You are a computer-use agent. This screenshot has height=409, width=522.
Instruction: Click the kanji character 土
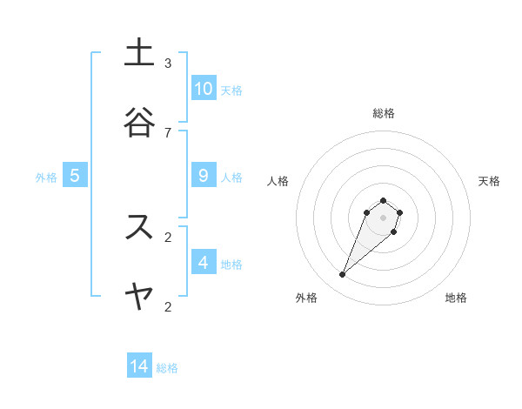click(x=139, y=53)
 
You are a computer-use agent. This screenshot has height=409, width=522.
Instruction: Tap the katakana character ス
click(x=139, y=227)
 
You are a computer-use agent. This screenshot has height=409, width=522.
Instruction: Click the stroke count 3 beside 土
click(x=168, y=64)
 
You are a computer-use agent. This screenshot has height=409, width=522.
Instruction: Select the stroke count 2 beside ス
click(x=168, y=237)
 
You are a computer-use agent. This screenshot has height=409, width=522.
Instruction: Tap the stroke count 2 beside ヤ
click(x=168, y=306)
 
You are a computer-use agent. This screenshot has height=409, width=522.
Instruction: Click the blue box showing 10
click(x=204, y=89)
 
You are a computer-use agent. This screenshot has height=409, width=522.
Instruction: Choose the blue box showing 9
click(x=204, y=176)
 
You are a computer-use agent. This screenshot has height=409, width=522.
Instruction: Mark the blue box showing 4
click(x=204, y=262)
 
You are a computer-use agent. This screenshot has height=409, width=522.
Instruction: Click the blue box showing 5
click(x=75, y=176)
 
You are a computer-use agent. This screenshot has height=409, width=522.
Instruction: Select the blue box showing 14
click(x=139, y=366)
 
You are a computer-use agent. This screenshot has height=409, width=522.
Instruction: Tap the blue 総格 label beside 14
click(x=167, y=368)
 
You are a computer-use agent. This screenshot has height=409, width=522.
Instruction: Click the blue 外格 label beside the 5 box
click(x=46, y=178)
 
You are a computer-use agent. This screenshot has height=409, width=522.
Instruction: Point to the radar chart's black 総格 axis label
click(x=384, y=113)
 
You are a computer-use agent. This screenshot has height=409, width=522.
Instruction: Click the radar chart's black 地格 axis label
click(x=456, y=298)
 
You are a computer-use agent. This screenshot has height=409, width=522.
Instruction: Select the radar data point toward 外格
click(x=343, y=275)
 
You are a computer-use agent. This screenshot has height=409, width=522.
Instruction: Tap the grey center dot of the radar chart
click(x=383, y=217)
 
